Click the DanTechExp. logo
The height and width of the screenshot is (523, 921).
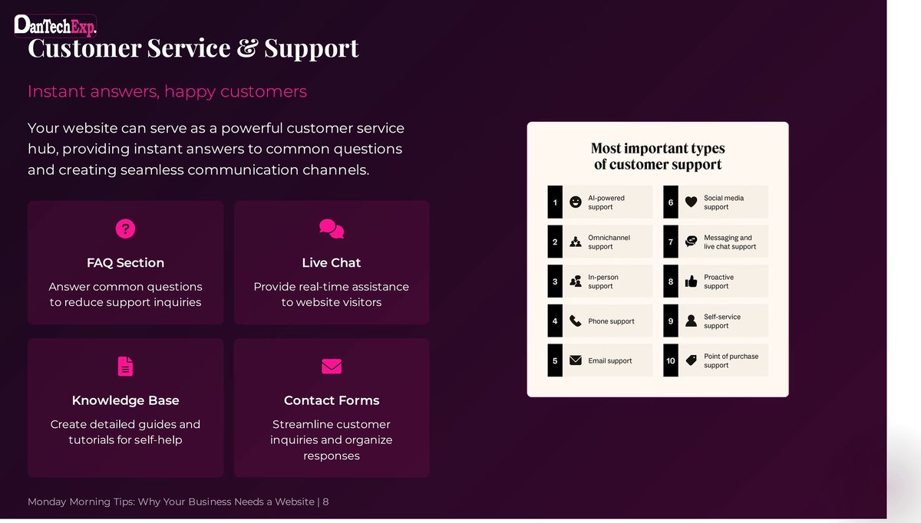coord(55,25)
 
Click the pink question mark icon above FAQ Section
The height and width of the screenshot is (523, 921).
coord(125,228)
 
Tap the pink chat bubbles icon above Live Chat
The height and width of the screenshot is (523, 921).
coord(332,228)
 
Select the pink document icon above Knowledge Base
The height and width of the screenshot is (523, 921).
coord(125,366)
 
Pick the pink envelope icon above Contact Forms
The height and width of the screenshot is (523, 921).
coord(332,366)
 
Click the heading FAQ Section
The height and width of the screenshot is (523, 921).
coord(125,262)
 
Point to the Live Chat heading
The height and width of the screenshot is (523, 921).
coord(332,262)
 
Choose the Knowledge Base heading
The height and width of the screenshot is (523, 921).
coord(125,400)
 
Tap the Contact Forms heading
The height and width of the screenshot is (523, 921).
coord(332,400)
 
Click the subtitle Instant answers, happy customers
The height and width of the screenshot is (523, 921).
coord(167,91)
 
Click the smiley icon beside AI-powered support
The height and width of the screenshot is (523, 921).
coord(576,202)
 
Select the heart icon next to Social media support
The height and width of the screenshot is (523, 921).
coord(691,202)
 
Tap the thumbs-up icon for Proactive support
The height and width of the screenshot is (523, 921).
coord(691,281)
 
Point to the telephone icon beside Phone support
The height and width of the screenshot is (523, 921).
coord(576,321)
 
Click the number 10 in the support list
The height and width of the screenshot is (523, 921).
coord(671,360)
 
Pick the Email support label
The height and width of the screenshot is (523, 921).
coord(610,360)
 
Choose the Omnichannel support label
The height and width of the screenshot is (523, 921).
coord(609,242)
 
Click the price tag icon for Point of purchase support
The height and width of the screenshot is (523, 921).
coord(691,360)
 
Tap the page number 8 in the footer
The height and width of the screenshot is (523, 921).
coord(325,502)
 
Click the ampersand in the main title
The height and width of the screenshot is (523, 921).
coord(246,48)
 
